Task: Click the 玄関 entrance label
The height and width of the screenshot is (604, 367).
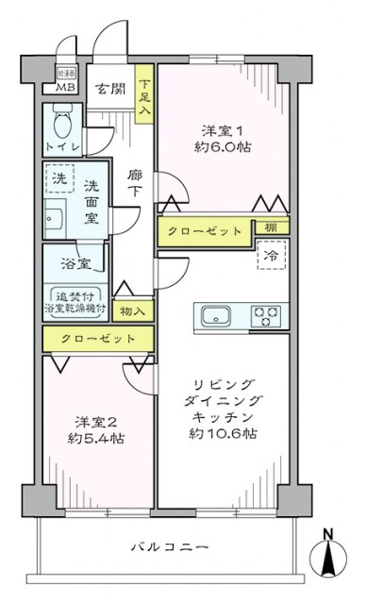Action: coord(109,90)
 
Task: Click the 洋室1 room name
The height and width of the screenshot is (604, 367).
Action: coord(224,129)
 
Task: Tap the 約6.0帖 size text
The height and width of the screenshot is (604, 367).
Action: coord(224,147)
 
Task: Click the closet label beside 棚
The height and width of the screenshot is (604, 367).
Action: coord(205,231)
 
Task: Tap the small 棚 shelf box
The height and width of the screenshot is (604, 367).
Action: coord(272,228)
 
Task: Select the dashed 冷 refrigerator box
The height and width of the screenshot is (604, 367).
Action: coord(270,256)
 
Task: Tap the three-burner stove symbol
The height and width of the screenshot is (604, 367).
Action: coord(268,314)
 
